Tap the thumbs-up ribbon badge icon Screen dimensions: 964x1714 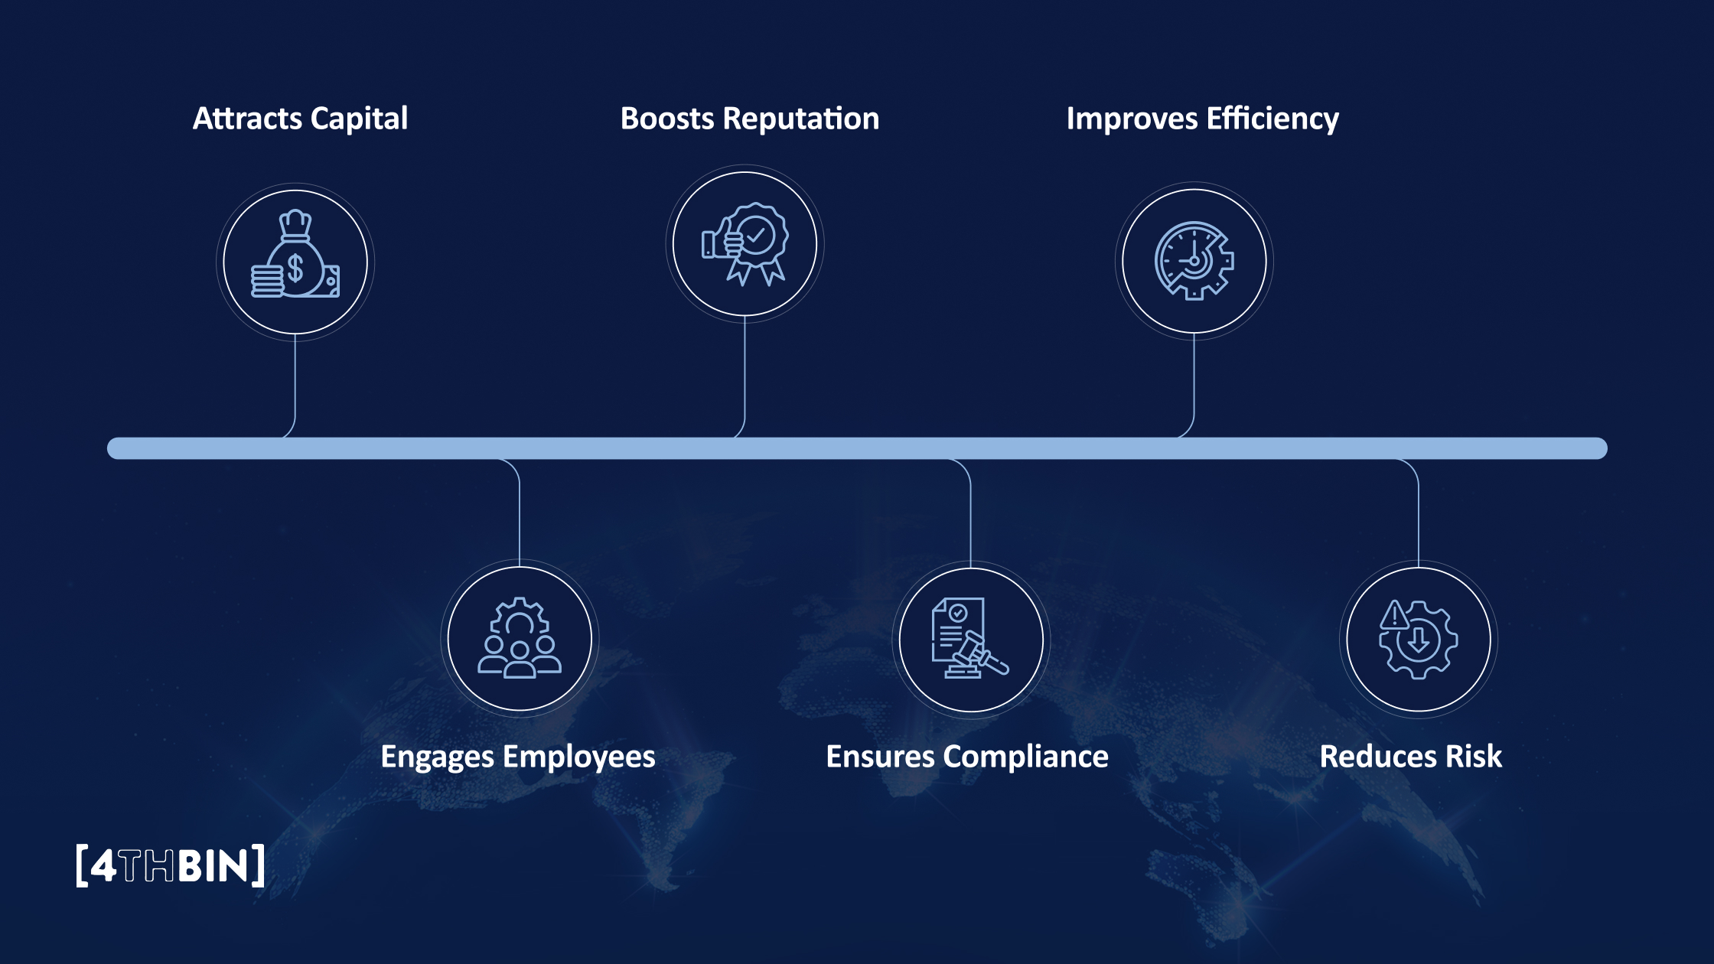[x=745, y=244]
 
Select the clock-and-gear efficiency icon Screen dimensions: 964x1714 [x=1194, y=261]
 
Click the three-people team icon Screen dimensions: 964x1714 [x=520, y=638]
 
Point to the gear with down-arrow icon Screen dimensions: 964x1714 [x=1418, y=639]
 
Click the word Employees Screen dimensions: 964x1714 [x=578, y=757]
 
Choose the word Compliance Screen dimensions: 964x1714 [x=1025, y=757]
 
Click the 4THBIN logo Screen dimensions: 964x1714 [x=171, y=866]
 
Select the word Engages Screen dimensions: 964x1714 [x=437, y=757]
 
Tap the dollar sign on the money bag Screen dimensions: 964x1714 [x=295, y=269]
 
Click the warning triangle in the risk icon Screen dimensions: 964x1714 [x=1394, y=615]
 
